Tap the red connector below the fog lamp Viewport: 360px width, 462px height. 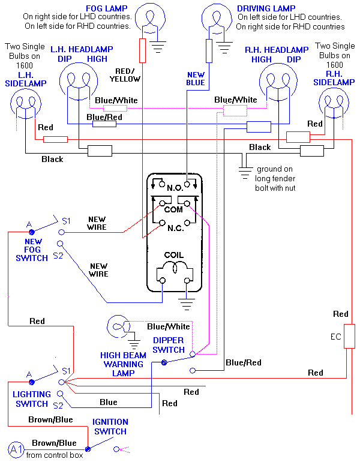142,50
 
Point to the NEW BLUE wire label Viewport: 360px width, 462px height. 196,79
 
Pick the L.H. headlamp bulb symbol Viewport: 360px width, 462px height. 77,83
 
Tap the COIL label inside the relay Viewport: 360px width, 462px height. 173,254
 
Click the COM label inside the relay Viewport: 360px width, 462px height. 173,209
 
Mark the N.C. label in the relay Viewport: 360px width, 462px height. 173,228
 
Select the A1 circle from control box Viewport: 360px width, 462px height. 16,449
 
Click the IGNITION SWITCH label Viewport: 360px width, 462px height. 110,427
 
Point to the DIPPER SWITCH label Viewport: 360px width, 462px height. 169,345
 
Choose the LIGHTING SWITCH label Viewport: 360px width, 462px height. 32,399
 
